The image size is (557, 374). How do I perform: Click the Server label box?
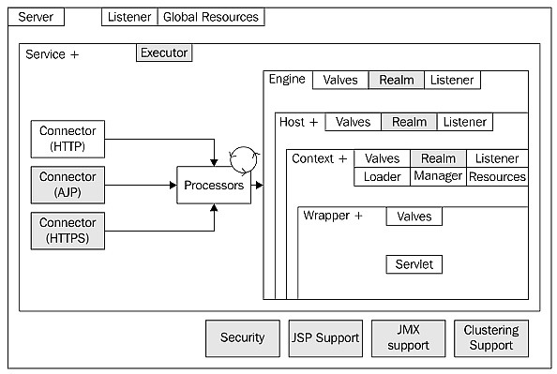pyautogui.click(x=36, y=17)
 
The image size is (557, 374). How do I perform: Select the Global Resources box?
pyautogui.click(x=211, y=17)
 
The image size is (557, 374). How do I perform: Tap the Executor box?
pyautogui.click(x=164, y=52)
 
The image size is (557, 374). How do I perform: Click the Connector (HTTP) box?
pyautogui.click(x=68, y=139)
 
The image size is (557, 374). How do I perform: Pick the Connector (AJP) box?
pyautogui.click(x=68, y=185)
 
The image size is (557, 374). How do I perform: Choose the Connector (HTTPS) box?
pyautogui.click(x=68, y=231)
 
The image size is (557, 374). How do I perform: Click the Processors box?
pyautogui.click(x=214, y=185)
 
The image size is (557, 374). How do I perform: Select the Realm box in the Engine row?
pyautogui.click(x=397, y=80)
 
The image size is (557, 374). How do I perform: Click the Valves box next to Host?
pyautogui.click(x=354, y=122)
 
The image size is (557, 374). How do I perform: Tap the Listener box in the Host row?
pyautogui.click(x=465, y=122)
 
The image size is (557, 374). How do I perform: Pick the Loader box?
pyautogui.click(x=383, y=176)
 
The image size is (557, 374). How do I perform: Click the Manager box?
pyautogui.click(x=438, y=176)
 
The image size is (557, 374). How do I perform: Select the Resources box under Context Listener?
pyautogui.click(x=497, y=176)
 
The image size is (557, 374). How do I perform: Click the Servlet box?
pyautogui.click(x=414, y=264)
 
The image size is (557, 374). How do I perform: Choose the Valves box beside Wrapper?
pyautogui.click(x=414, y=217)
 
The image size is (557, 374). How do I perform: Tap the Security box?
pyautogui.click(x=243, y=338)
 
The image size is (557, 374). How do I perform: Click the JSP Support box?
pyautogui.click(x=325, y=338)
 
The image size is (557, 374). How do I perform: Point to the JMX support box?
pyautogui.click(x=409, y=338)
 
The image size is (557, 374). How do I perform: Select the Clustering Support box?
pyautogui.click(x=491, y=338)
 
